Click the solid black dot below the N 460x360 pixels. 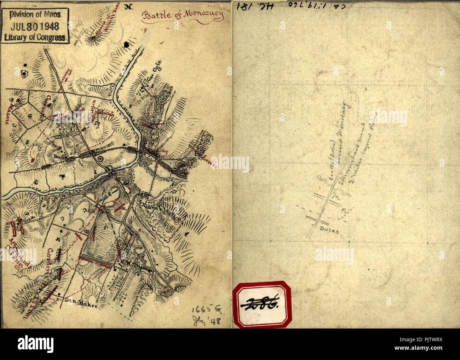tap(126, 44)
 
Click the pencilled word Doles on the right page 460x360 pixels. tap(329, 230)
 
